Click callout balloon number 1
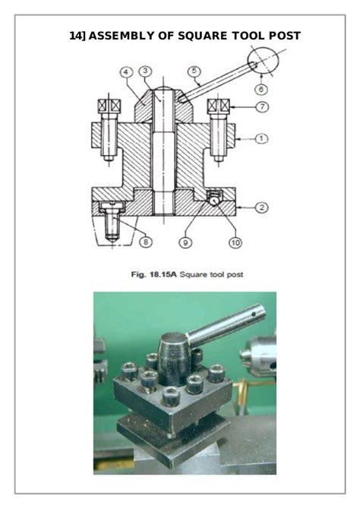(x=261, y=138)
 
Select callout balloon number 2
(x=261, y=207)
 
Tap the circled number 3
(x=145, y=71)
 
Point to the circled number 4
(x=126, y=71)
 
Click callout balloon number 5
(x=194, y=71)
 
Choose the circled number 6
(x=261, y=89)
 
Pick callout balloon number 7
(x=262, y=106)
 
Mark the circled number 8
(x=146, y=242)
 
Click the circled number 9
(x=185, y=242)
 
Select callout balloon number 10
(x=235, y=242)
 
